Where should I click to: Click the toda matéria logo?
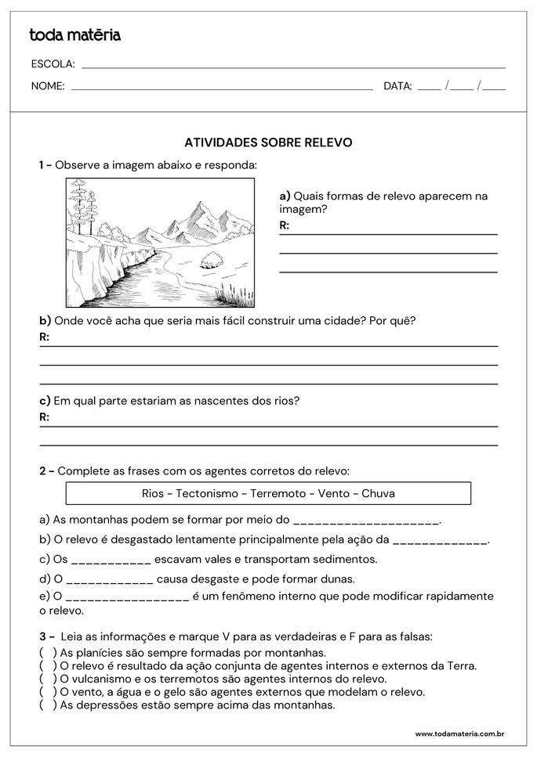pos(74,35)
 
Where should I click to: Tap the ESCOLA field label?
pos(53,64)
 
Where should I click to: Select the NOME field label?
pos(48,87)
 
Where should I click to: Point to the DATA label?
pos(397,87)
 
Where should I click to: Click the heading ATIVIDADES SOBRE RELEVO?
pos(268,142)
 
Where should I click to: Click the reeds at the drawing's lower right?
pos(236,294)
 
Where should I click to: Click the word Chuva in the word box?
pos(379,493)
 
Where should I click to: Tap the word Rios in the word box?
pos(153,493)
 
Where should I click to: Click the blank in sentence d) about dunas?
pos(110,580)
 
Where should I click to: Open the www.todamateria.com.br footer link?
pos(459,734)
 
